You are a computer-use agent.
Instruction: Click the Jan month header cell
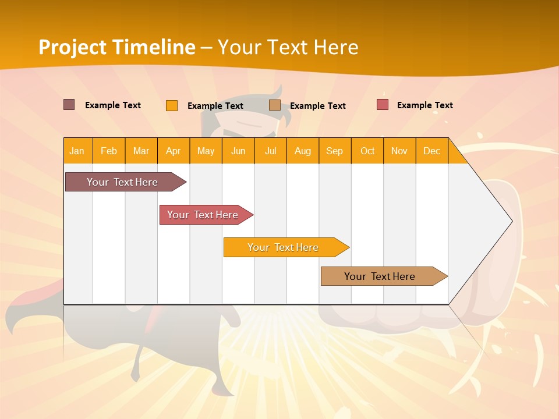[x=77, y=151]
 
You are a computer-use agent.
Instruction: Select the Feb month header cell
[x=109, y=151]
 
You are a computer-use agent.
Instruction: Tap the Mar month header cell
[x=141, y=151]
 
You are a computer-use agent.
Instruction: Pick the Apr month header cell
[x=174, y=151]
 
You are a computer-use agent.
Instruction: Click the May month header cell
[x=206, y=151]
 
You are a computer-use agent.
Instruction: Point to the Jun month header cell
[x=238, y=151]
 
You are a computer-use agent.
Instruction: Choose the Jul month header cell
[x=270, y=151]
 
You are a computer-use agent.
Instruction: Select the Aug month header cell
[x=303, y=151]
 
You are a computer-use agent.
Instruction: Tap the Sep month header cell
[x=335, y=151]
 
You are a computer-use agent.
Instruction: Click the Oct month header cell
[x=367, y=151]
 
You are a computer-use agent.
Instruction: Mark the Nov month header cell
[x=399, y=151]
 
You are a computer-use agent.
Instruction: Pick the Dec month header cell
[x=432, y=151]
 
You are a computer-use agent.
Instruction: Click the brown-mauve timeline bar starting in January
[x=122, y=182]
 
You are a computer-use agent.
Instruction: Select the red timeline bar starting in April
[x=203, y=215]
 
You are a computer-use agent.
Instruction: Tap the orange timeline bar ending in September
[x=283, y=247]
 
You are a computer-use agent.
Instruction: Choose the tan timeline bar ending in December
[x=380, y=276]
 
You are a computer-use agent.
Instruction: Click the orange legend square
[x=172, y=105]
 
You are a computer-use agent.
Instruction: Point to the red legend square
[x=383, y=105]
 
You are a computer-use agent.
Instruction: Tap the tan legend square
[x=275, y=105]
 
